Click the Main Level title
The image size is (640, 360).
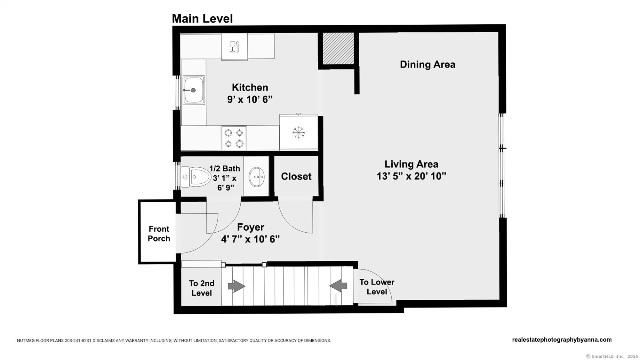202,19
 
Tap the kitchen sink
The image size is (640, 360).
194,90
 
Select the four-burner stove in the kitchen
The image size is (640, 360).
234,138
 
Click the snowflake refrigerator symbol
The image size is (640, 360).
299,132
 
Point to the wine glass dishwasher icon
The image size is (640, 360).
234,47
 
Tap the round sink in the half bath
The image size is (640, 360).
256,177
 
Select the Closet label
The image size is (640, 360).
296,176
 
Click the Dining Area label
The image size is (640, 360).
428,64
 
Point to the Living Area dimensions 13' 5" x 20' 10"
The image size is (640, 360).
411,176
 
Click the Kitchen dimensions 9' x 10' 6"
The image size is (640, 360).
250,100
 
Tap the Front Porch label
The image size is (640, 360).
159,234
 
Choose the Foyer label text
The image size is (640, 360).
251,227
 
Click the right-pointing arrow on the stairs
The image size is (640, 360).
236,286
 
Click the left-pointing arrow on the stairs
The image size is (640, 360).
338,286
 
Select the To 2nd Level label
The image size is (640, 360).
202,288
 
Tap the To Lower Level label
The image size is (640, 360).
377,287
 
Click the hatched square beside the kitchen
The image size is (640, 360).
338,48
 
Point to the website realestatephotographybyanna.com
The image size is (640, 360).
562,340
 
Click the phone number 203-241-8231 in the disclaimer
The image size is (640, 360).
78,340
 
